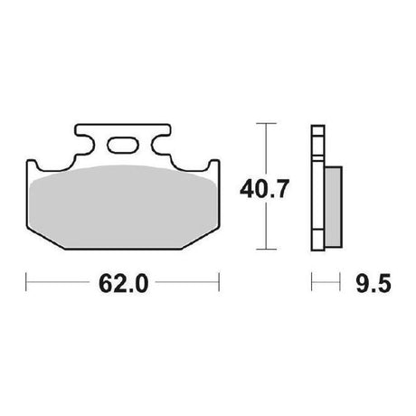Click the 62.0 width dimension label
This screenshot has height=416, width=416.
point(124,283)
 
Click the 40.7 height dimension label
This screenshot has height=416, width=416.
point(264,189)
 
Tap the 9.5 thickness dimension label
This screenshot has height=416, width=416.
point(373,283)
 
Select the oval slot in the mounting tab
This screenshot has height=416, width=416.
point(123,146)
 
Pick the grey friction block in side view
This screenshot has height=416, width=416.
point(334,207)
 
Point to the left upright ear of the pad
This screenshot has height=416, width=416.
point(32,166)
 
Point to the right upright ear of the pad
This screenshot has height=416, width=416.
point(214,166)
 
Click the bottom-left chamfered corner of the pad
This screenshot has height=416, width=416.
point(46,238)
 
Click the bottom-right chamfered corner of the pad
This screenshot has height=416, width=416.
point(201,238)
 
